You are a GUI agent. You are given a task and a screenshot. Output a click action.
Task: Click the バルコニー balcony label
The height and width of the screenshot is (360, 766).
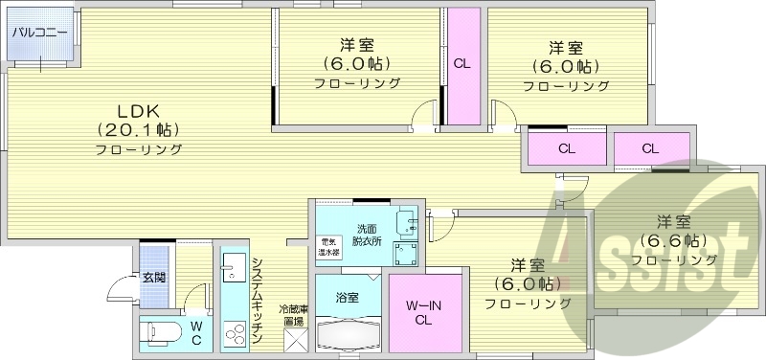click(x=40, y=33)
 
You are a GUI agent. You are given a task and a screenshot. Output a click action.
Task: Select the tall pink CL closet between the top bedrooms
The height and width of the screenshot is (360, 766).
click(x=462, y=65)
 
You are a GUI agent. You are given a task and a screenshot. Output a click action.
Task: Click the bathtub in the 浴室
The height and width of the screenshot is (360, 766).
click(x=348, y=336)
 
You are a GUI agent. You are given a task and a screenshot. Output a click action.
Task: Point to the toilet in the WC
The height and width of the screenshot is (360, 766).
click(x=160, y=334)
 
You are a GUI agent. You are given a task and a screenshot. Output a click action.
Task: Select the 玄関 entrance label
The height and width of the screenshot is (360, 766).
click(x=154, y=278)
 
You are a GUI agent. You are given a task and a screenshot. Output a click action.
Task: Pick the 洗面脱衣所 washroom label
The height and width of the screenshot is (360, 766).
click(x=368, y=236)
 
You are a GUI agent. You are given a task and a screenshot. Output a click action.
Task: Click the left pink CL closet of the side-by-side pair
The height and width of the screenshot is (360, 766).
click(x=566, y=149)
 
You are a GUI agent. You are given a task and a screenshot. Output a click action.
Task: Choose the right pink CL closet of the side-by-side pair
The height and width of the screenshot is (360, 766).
click(x=649, y=149)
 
